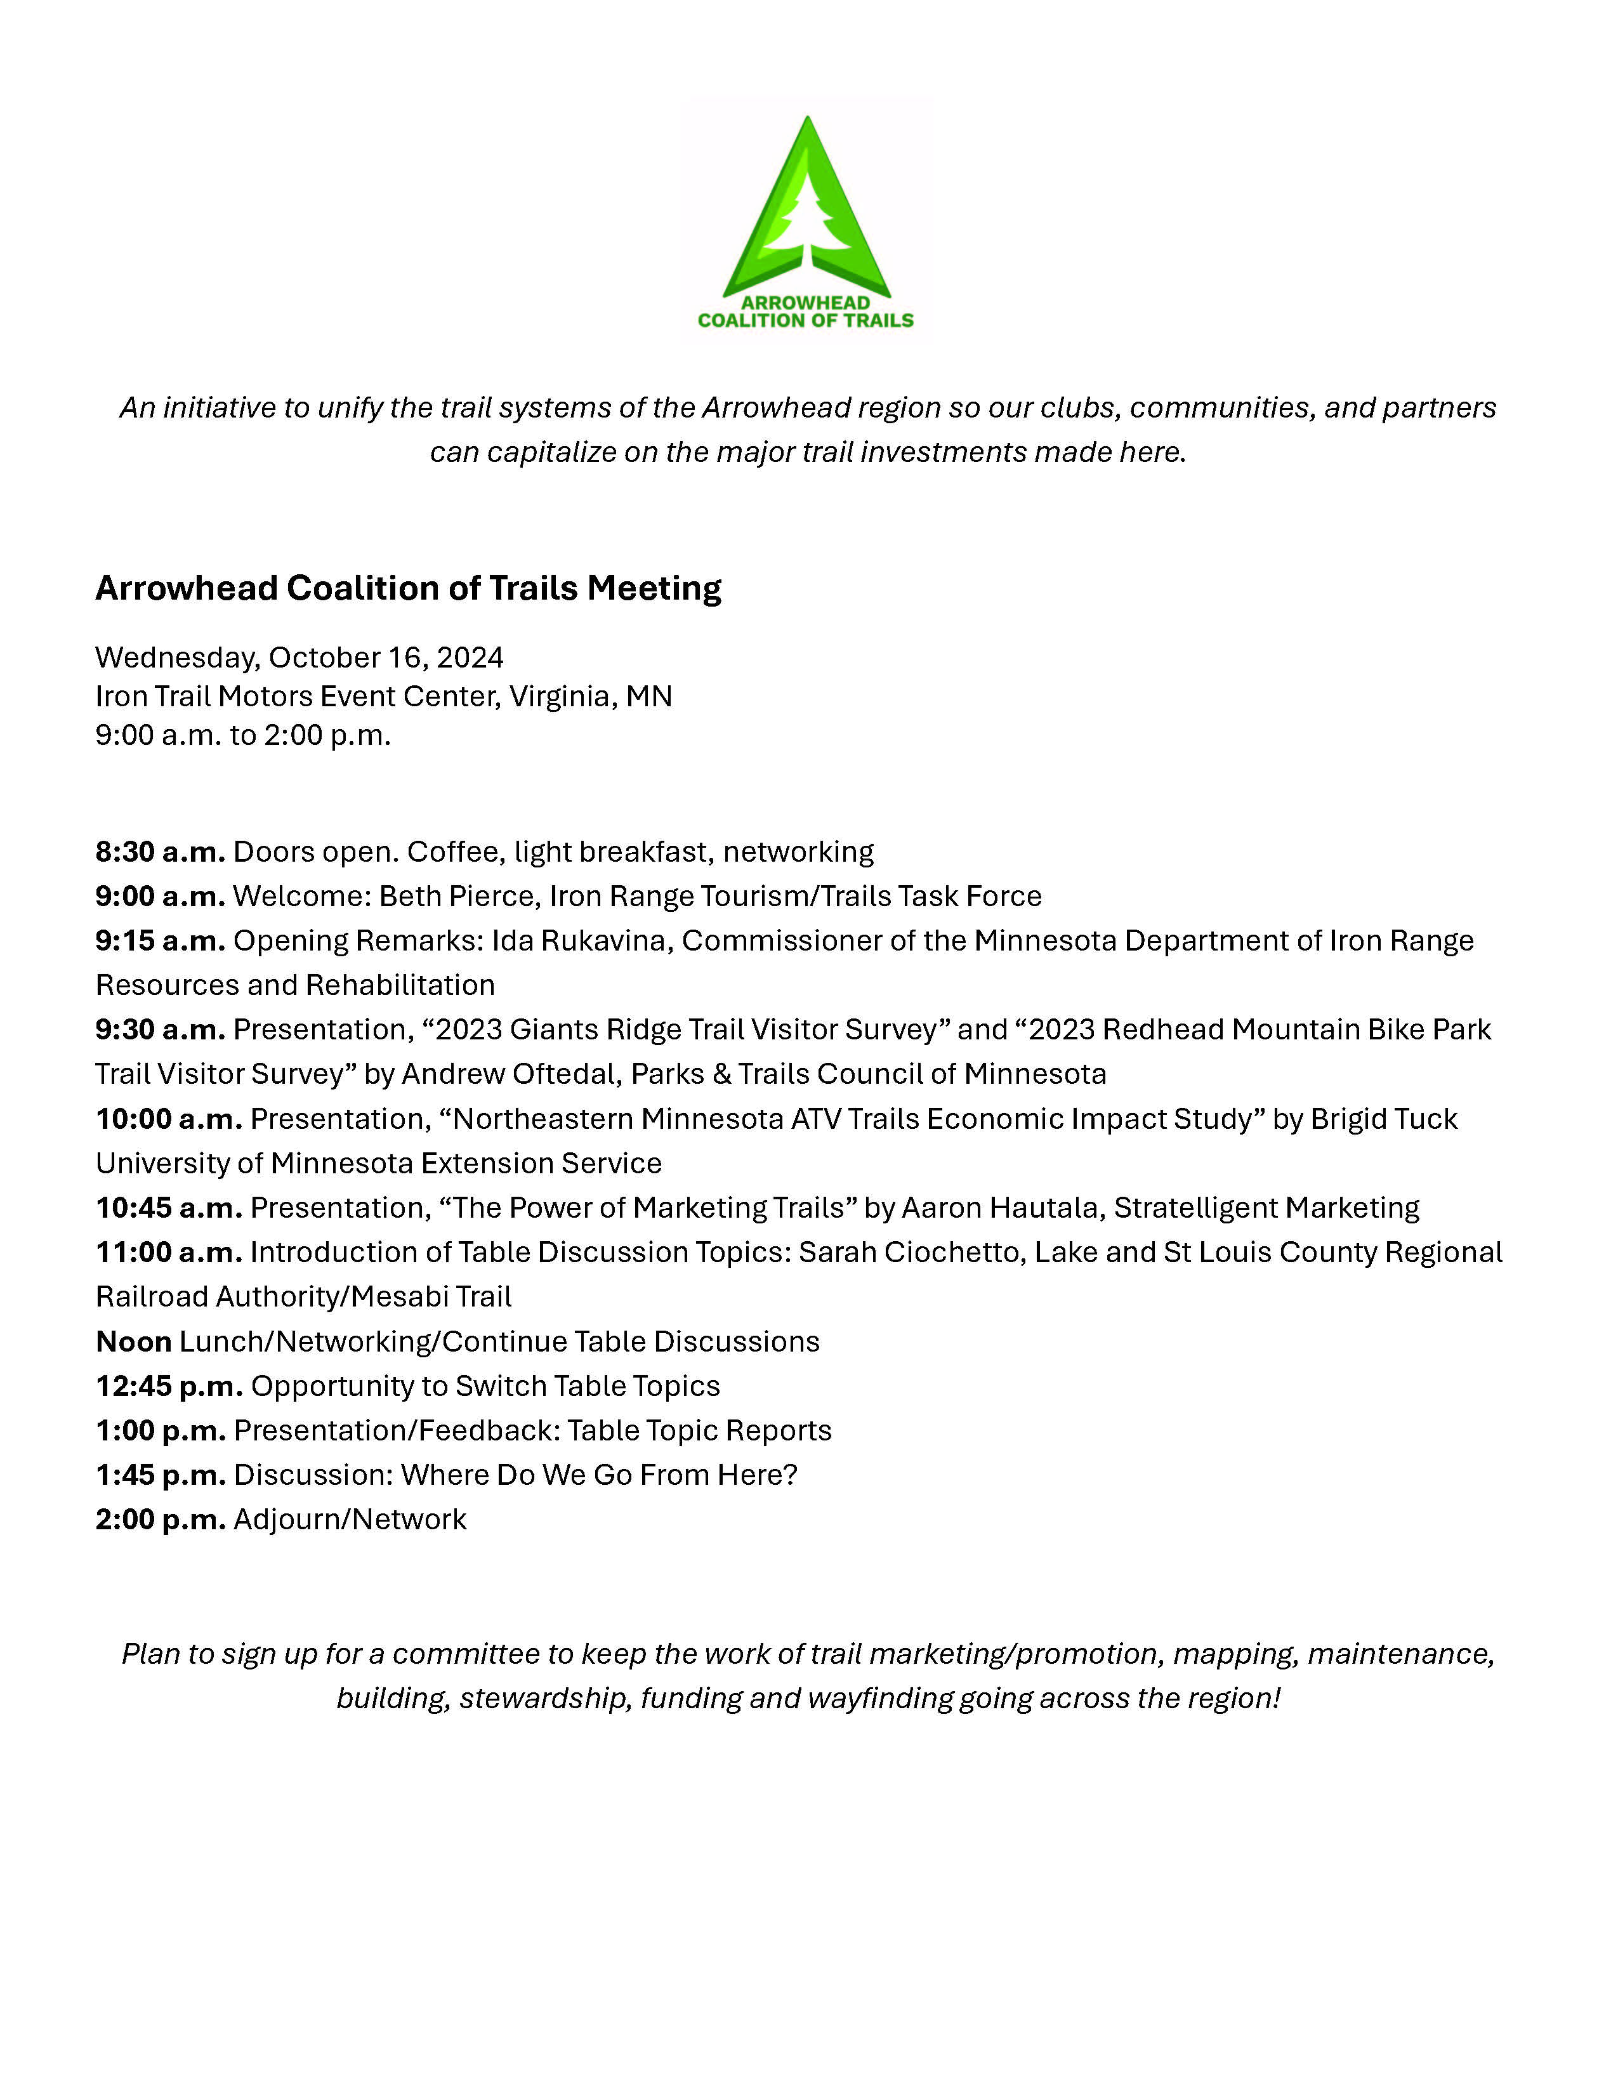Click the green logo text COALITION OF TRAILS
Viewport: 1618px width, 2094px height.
[805, 321]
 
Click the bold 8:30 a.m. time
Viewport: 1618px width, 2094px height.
[160, 852]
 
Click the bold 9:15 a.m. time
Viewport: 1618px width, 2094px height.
[160, 940]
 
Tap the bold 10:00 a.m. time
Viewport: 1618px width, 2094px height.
[169, 1119]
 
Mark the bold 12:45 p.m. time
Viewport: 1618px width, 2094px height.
[169, 1385]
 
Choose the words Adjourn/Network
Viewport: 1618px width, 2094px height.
[350, 1518]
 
